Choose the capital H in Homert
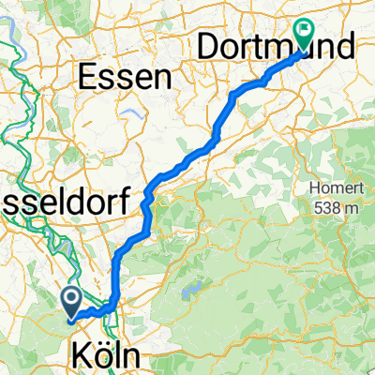click(x=310, y=187)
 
